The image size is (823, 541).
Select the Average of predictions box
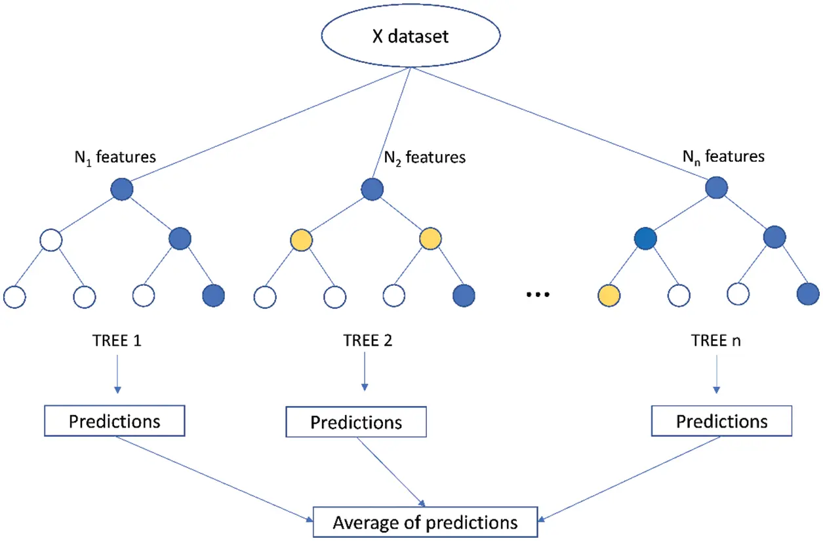pos(425,523)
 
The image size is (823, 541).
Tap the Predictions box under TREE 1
pos(114,420)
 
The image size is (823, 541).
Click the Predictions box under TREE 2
pos(356,422)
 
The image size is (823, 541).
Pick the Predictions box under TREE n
pos(721,420)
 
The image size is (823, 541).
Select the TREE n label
pos(715,342)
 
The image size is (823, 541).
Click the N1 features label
pos(115,157)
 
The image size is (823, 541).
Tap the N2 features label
pos(424,157)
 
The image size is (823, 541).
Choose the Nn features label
pos(724,157)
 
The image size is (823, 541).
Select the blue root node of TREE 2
pos(372,190)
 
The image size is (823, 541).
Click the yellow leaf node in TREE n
pos(610,296)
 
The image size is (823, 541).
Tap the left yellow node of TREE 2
pos(302,240)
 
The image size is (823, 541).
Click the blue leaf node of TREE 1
pos(213,296)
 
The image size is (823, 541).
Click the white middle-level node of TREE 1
pos(50,240)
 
